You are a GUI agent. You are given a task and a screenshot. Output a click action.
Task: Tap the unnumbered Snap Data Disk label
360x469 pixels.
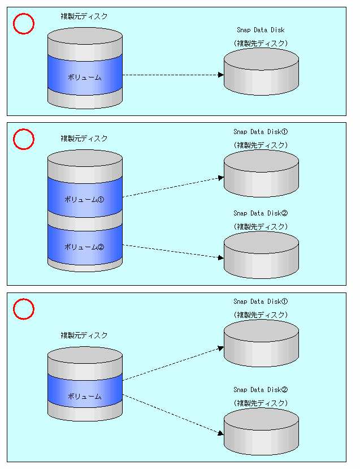[261, 30]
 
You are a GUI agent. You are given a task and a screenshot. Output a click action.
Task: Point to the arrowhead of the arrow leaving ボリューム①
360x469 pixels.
[221, 178]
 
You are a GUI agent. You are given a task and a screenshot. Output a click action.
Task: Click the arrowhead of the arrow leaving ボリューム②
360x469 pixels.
[221, 257]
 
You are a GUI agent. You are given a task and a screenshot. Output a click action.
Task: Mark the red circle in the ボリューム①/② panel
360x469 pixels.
[24, 139]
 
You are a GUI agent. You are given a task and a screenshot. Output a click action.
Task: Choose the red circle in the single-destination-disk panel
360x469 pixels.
[24, 24]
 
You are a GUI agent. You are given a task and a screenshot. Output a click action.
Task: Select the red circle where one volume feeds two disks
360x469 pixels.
[24, 309]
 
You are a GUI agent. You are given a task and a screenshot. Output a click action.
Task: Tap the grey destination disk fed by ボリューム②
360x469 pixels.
[261, 255]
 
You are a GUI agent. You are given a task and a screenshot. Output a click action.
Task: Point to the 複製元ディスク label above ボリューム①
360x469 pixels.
[84, 138]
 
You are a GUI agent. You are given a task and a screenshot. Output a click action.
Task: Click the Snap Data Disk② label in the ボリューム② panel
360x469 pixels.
[261, 213]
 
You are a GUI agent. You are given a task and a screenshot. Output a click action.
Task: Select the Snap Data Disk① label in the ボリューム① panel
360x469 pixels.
[261, 132]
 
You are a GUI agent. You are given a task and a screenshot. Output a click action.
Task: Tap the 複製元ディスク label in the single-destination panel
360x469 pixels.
[84, 16]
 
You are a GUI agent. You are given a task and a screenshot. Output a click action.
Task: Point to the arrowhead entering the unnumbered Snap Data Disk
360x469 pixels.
[221, 74]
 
